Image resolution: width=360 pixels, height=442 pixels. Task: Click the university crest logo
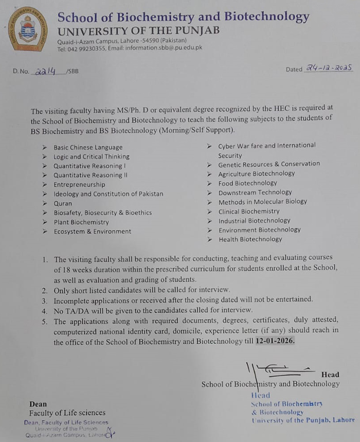[28, 29]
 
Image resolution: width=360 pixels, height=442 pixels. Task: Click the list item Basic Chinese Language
[88, 147]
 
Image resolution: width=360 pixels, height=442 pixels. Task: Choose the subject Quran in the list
[63, 203]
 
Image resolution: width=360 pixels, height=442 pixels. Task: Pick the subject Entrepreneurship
[79, 184]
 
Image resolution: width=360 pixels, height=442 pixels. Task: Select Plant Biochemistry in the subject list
[81, 222]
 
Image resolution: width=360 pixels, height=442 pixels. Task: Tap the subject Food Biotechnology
[247, 183]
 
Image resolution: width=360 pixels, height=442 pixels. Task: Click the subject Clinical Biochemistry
[249, 211]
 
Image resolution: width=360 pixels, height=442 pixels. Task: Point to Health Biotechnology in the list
[250, 239]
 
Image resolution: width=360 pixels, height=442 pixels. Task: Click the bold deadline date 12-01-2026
[275, 342]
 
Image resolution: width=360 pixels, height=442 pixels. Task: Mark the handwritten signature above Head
[278, 368]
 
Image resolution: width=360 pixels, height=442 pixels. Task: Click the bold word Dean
[38, 404]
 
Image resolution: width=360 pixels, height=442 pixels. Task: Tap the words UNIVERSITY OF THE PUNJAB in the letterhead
[138, 30]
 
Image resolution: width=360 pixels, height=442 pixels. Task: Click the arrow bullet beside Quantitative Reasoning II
[45, 175]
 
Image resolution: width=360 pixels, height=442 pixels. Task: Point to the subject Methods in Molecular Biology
[262, 202]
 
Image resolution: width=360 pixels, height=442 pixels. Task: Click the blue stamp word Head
[260, 395]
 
